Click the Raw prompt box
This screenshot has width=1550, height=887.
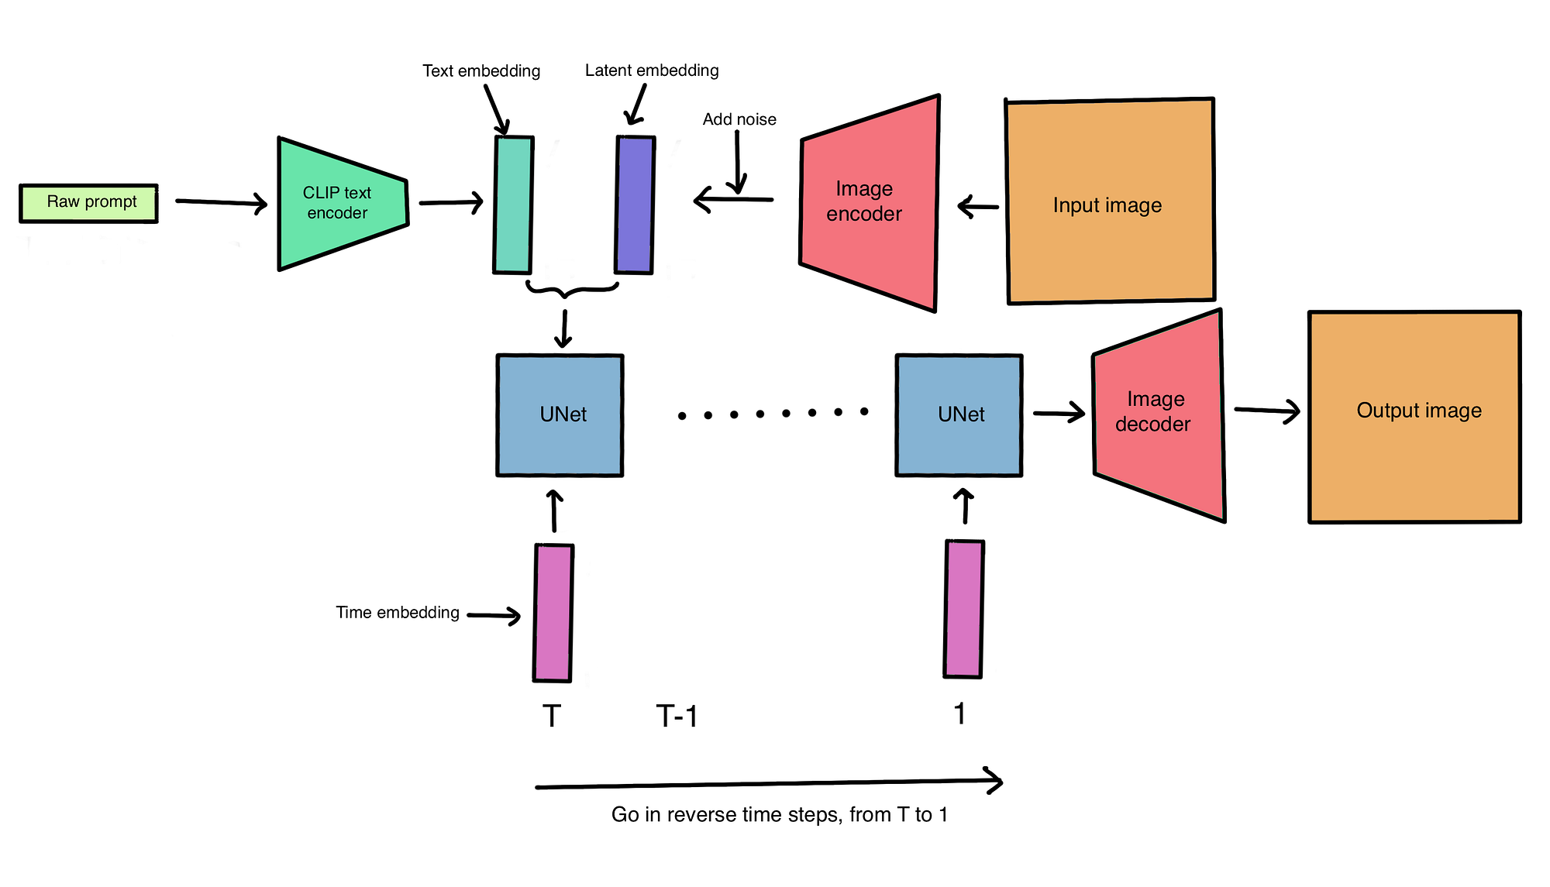click(x=88, y=203)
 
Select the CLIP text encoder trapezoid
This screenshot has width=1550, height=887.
click(x=343, y=204)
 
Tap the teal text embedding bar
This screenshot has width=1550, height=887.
click(x=513, y=205)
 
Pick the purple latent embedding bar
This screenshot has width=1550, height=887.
click(x=635, y=205)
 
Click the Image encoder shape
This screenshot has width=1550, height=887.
click(x=869, y=203)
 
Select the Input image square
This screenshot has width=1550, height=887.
click(x=1110, y=201)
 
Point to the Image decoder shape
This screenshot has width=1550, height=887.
click(x=1159, y=415)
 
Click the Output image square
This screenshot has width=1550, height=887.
click(x=1414, y=417)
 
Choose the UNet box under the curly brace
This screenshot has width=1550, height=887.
click(x=560, y=415)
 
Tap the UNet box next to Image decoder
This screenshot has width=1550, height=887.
click(x=959, y=415)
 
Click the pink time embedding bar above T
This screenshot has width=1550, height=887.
click(x=553, y=613)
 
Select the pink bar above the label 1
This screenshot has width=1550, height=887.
click(x=964, y=609)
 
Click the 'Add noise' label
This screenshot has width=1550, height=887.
click(x=739, y=119)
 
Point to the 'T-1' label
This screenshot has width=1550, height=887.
click(x=677, y=716)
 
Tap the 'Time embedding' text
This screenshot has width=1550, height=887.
click(x=398, y=613)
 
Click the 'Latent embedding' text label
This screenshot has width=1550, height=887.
click(x=652, y=70)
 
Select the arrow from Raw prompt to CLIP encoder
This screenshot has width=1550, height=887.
click(x=222, y=203)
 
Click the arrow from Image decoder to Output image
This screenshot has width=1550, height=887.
click(x=1267, y=411)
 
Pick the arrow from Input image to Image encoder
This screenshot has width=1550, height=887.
click(x=978, y=207)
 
